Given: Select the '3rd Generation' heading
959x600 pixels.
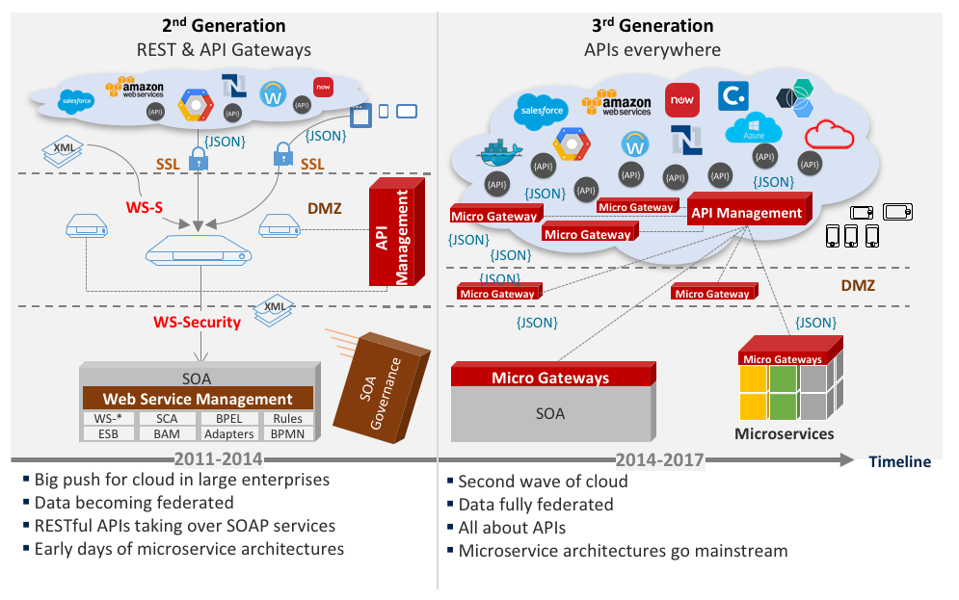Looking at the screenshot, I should coord(653,26).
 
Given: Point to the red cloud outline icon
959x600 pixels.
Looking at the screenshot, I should coord(829,133).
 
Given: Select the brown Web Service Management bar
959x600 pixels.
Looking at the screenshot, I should coord(197,399).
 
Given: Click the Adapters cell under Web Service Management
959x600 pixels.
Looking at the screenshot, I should coord(229,434).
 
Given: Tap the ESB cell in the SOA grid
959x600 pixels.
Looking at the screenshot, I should coord(108,434).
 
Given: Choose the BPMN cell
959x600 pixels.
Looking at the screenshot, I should coord(288,434).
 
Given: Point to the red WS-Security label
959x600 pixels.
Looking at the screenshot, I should coord(197,322).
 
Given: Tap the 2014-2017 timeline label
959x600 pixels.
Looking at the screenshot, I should coord(656,460).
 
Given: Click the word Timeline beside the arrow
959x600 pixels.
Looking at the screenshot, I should coord(899,461).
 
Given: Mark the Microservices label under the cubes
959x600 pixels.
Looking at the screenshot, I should coord(784,433).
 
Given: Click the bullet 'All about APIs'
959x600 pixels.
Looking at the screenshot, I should coord(512,528).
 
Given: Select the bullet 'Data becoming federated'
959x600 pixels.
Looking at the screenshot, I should coord(134,503).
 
